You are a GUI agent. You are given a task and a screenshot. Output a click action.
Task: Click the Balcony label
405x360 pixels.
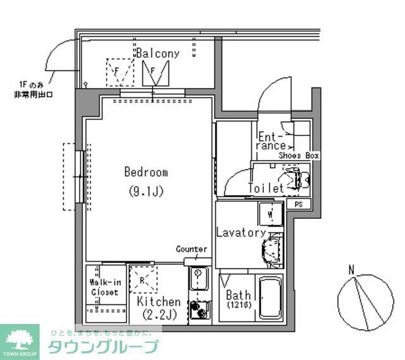pos(157,54)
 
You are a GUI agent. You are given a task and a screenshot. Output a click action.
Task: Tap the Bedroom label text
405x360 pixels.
pos(146,172)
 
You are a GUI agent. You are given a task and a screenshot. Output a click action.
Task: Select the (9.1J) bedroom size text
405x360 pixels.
pos(146,190)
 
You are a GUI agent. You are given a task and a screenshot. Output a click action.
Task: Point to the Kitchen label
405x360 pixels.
pos(159,302)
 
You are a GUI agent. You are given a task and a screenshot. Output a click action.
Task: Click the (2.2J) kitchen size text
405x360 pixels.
pos(159,314)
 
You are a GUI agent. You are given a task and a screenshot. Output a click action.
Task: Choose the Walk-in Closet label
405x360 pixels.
pos(104,287)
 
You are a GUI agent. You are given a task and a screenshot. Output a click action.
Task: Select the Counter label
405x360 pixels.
pos(191,249)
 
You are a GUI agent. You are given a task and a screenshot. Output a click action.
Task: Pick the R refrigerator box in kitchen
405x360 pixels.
pos(143,279)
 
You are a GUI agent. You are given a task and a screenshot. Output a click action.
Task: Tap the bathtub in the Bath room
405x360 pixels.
pos(270,299)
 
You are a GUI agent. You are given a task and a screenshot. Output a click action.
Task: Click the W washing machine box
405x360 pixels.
pos(270,214)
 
